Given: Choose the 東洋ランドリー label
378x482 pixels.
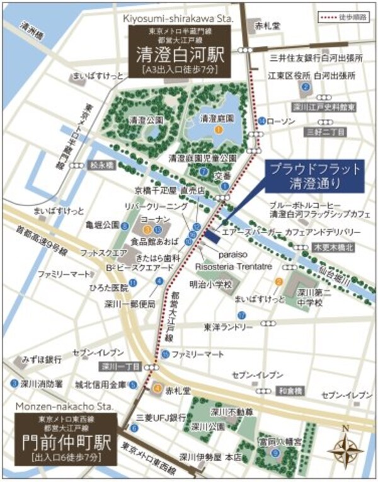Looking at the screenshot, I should pos(225,327).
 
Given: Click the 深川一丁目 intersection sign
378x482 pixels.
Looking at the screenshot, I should pos(117,365).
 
